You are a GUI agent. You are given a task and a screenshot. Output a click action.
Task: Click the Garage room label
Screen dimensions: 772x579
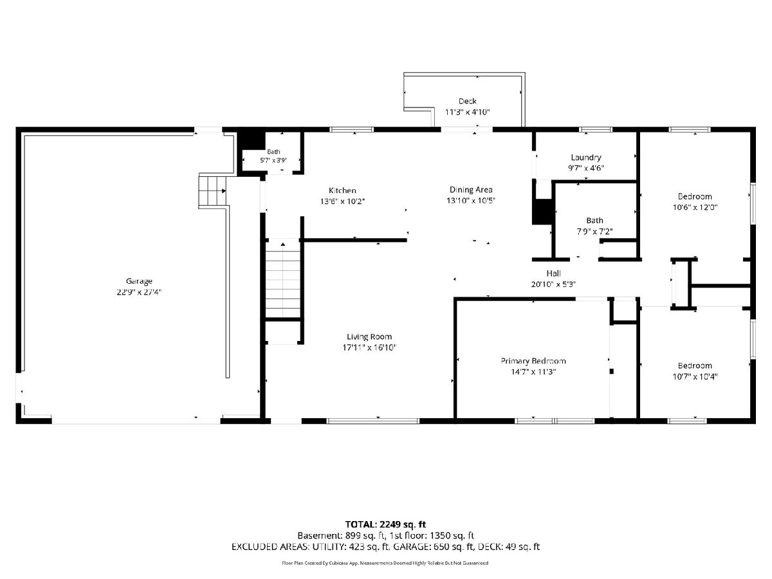[139, 281]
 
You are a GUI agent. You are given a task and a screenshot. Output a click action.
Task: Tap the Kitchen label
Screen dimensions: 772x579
[342, 190]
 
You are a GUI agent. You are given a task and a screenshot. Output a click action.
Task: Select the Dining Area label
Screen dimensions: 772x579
[471, 190]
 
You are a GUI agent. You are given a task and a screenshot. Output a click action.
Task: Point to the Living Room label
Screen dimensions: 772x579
[369, 336]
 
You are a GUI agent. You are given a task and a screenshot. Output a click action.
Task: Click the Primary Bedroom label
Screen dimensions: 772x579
[533, 361]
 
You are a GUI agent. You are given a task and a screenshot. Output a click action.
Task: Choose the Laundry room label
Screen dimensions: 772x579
[586, 157]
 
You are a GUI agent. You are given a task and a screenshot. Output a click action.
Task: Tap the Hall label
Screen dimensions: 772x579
[554, 273]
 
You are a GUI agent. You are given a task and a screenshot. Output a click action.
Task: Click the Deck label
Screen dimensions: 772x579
[468, 101]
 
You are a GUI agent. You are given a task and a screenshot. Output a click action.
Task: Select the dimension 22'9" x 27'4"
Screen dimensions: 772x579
[139, 292]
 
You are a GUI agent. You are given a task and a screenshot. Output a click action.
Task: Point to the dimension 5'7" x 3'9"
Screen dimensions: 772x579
[273, 160]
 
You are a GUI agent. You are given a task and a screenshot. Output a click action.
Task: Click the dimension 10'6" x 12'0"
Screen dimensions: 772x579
[695, 207]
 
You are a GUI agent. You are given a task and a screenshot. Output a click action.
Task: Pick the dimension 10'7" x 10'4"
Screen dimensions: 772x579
[695, 376]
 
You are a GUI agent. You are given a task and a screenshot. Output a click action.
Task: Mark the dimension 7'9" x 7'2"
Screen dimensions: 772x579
[594, 232]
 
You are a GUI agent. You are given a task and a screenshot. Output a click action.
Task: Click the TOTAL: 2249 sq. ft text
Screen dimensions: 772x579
[385, 524]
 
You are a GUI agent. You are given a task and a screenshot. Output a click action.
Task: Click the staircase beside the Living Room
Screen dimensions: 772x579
[283, 279]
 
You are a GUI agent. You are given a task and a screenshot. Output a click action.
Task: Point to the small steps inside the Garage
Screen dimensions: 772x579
[212, 191]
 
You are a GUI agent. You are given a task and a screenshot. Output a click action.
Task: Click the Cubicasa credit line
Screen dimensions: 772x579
[385, 563]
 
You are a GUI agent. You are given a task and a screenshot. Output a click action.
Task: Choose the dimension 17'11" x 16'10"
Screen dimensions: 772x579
[369, 347]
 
